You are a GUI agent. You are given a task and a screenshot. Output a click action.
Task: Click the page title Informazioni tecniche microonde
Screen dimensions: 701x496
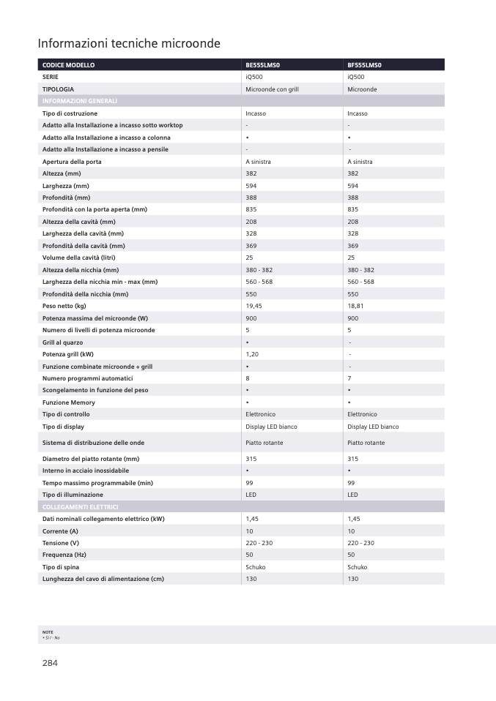click(x=129, y=44)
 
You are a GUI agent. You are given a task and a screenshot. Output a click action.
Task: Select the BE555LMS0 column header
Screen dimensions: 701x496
click(x=263, y=65)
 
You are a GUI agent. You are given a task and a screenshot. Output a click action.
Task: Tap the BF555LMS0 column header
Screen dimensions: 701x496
click(x=365, y=65)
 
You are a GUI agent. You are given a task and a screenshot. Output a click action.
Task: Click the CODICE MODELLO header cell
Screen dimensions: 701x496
click(x=69, y=65)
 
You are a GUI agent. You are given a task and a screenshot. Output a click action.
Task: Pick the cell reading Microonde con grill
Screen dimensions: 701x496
click(x=272, y=89)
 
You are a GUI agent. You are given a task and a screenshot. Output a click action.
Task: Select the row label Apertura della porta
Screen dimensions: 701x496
click(x=72, y=162)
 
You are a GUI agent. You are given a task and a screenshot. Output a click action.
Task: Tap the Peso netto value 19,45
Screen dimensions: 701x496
click(x=253, y=306)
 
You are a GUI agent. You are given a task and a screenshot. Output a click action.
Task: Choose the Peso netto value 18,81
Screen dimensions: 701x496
click(x=355, y=306)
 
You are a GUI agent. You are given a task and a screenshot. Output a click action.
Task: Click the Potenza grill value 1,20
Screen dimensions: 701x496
click(x=252, y=354)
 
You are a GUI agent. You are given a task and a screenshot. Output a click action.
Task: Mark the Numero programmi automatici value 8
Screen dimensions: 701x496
click(x=248, y=378)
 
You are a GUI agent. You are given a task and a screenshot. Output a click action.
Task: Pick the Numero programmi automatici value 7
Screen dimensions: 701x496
click(x=349, y=378)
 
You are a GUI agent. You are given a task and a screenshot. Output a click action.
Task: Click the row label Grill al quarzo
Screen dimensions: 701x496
click(x=62, y=342)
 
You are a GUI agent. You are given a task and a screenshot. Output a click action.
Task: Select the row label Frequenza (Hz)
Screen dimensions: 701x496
click(x=64, y=555)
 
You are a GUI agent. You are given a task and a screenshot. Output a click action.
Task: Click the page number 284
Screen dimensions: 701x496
click(x=50, y=663)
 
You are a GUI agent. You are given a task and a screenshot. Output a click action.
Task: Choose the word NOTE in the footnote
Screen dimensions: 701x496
click(x=48, y=631)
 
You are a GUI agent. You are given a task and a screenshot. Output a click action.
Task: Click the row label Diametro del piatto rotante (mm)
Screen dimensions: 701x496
click(x=91, y=459)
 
